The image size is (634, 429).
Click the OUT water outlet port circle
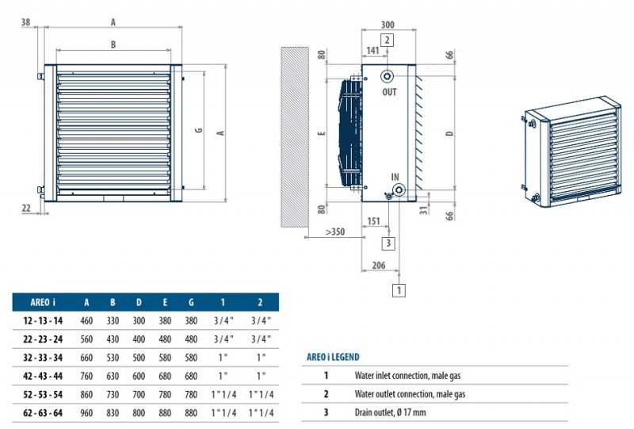click(x=388, y=77)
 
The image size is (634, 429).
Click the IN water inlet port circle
click(x=398, y=190)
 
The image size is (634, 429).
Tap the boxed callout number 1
click(x=399, y=290)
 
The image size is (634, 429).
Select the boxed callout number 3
click(x=389, y=243)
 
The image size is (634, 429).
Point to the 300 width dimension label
click(x=387, y=25)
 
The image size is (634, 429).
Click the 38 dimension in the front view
click(x=26, y=22)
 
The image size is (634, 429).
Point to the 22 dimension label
click(x=27, y=208)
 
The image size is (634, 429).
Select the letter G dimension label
click(x=198, y=129)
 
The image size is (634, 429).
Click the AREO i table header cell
click(x=42, y=301)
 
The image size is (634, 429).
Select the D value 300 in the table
click(x=139, y=320)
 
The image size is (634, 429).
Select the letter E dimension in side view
click(x=320, y=134)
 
